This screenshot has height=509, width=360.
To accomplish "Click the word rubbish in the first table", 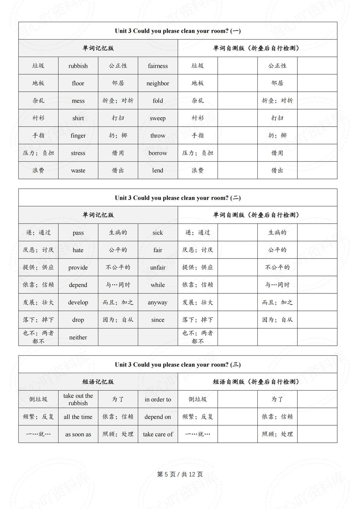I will pyautogui.click(x=78, y=66).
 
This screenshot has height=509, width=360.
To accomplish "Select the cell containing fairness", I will pyautogui.click(x=158, y=66).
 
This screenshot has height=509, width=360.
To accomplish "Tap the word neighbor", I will pyautogui.click(x=158, y=83).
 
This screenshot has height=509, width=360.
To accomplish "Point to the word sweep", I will pyautogui.click(x=158, y=118).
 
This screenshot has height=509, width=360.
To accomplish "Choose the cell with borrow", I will pyautogui.click(x=158, y=153).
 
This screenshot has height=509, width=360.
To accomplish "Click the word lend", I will pyautogui.click(x=158, y=170).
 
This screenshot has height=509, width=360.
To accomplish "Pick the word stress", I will pyautogui.click(x=78, y=153).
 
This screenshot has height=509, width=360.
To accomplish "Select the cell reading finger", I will pyautogui.click(x=78, y=136).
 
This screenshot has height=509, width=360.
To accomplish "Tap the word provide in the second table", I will pyautogui.click(x=78, y=268).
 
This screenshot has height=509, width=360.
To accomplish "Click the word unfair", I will pyautogui.click(x=158, y=268).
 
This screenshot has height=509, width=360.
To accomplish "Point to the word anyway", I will pyautogui.click(x=158, y=302).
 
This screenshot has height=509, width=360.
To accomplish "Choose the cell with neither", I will pyautogui.click(x=78, y=337).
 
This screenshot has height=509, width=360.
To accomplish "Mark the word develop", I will pyautogui.click(x=78, y=302).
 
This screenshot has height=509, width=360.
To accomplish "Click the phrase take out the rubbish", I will pyautogui.click(x=78, y=399).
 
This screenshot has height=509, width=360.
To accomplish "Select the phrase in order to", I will pyautogui.click(x=158, y=399).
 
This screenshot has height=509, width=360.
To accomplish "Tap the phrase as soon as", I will pyautogui.click(x=78, y=434).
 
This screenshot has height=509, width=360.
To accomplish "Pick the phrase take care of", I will pyautogui.click(x=158, y=434).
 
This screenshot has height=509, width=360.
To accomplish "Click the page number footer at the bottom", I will pyautogui.click(x=180, y=474).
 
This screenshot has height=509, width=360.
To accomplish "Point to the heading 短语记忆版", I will pyautogui.click(x=98, y=382).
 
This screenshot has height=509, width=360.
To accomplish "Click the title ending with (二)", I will pyautogui.click(x=178, y=198).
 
